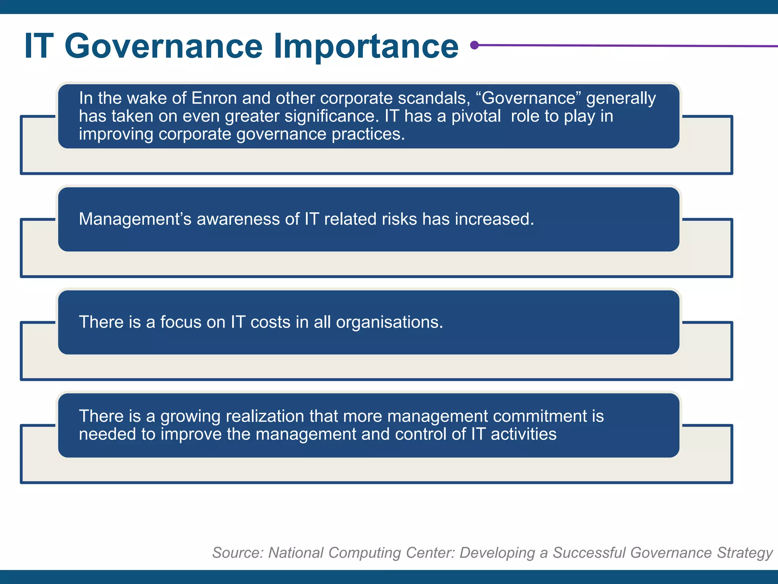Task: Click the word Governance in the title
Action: tap(163, 46)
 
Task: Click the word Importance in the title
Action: tap(366, 46)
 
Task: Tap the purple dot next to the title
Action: tap(474, 45)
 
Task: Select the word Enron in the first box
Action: tap(214, 98)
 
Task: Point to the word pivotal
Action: tap(476, 116)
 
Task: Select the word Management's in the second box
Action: tap(135, 219)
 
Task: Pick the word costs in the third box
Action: tap(270, 322)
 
